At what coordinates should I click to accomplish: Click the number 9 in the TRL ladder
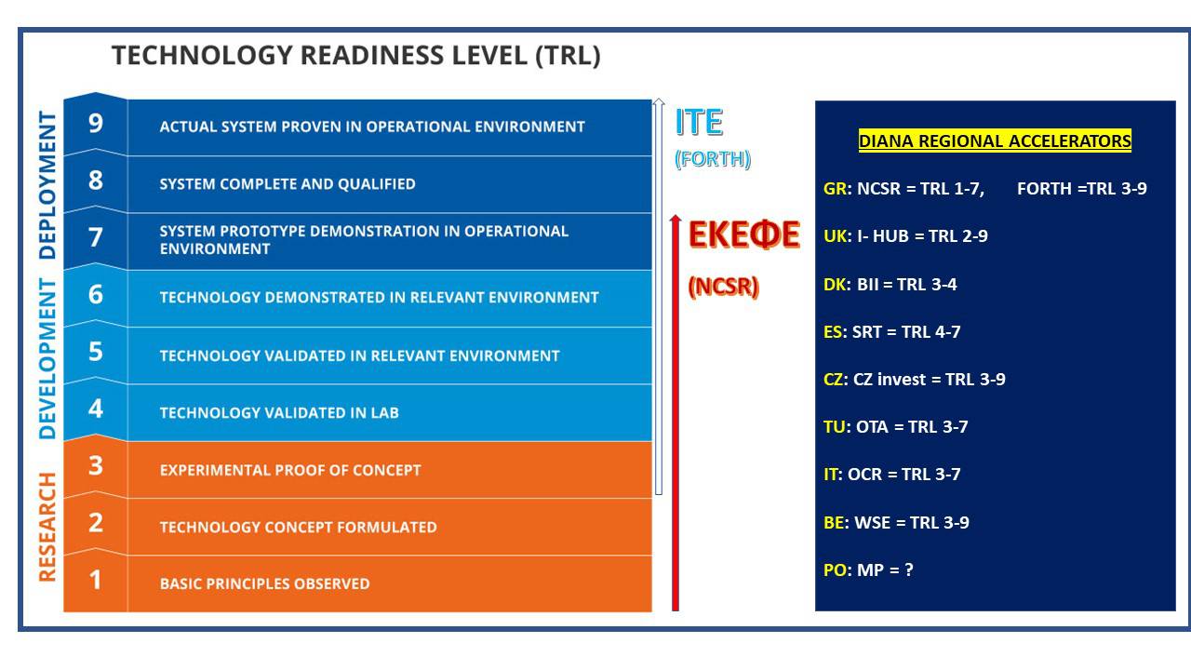coord(96,124)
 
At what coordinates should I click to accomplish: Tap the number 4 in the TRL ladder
coord(96,409)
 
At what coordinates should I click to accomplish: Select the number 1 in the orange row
coord(95,580)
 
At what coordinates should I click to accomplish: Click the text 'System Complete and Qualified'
coord(288,184)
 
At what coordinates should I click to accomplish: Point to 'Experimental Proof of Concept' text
coord(290,470)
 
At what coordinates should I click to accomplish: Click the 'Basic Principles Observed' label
coord(264,583)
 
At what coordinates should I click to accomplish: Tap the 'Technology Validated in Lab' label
coord(279,412)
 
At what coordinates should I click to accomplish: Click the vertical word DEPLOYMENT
coord(47,185)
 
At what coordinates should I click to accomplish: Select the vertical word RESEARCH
coord(47,527)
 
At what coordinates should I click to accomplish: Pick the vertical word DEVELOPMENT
coord(47,359)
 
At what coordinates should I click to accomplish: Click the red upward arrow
coord(676,412)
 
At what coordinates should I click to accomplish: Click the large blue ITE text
coord(699,122)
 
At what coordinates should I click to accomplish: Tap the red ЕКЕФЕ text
coord(743,234)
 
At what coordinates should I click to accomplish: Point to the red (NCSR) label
coord(723,287)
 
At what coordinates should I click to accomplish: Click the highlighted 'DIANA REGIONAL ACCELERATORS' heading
coord(995,141)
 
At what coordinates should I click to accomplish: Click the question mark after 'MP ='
coord(909,570)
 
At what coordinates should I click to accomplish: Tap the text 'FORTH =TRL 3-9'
coord(1082,188)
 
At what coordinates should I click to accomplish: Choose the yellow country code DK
coord(836,285)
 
